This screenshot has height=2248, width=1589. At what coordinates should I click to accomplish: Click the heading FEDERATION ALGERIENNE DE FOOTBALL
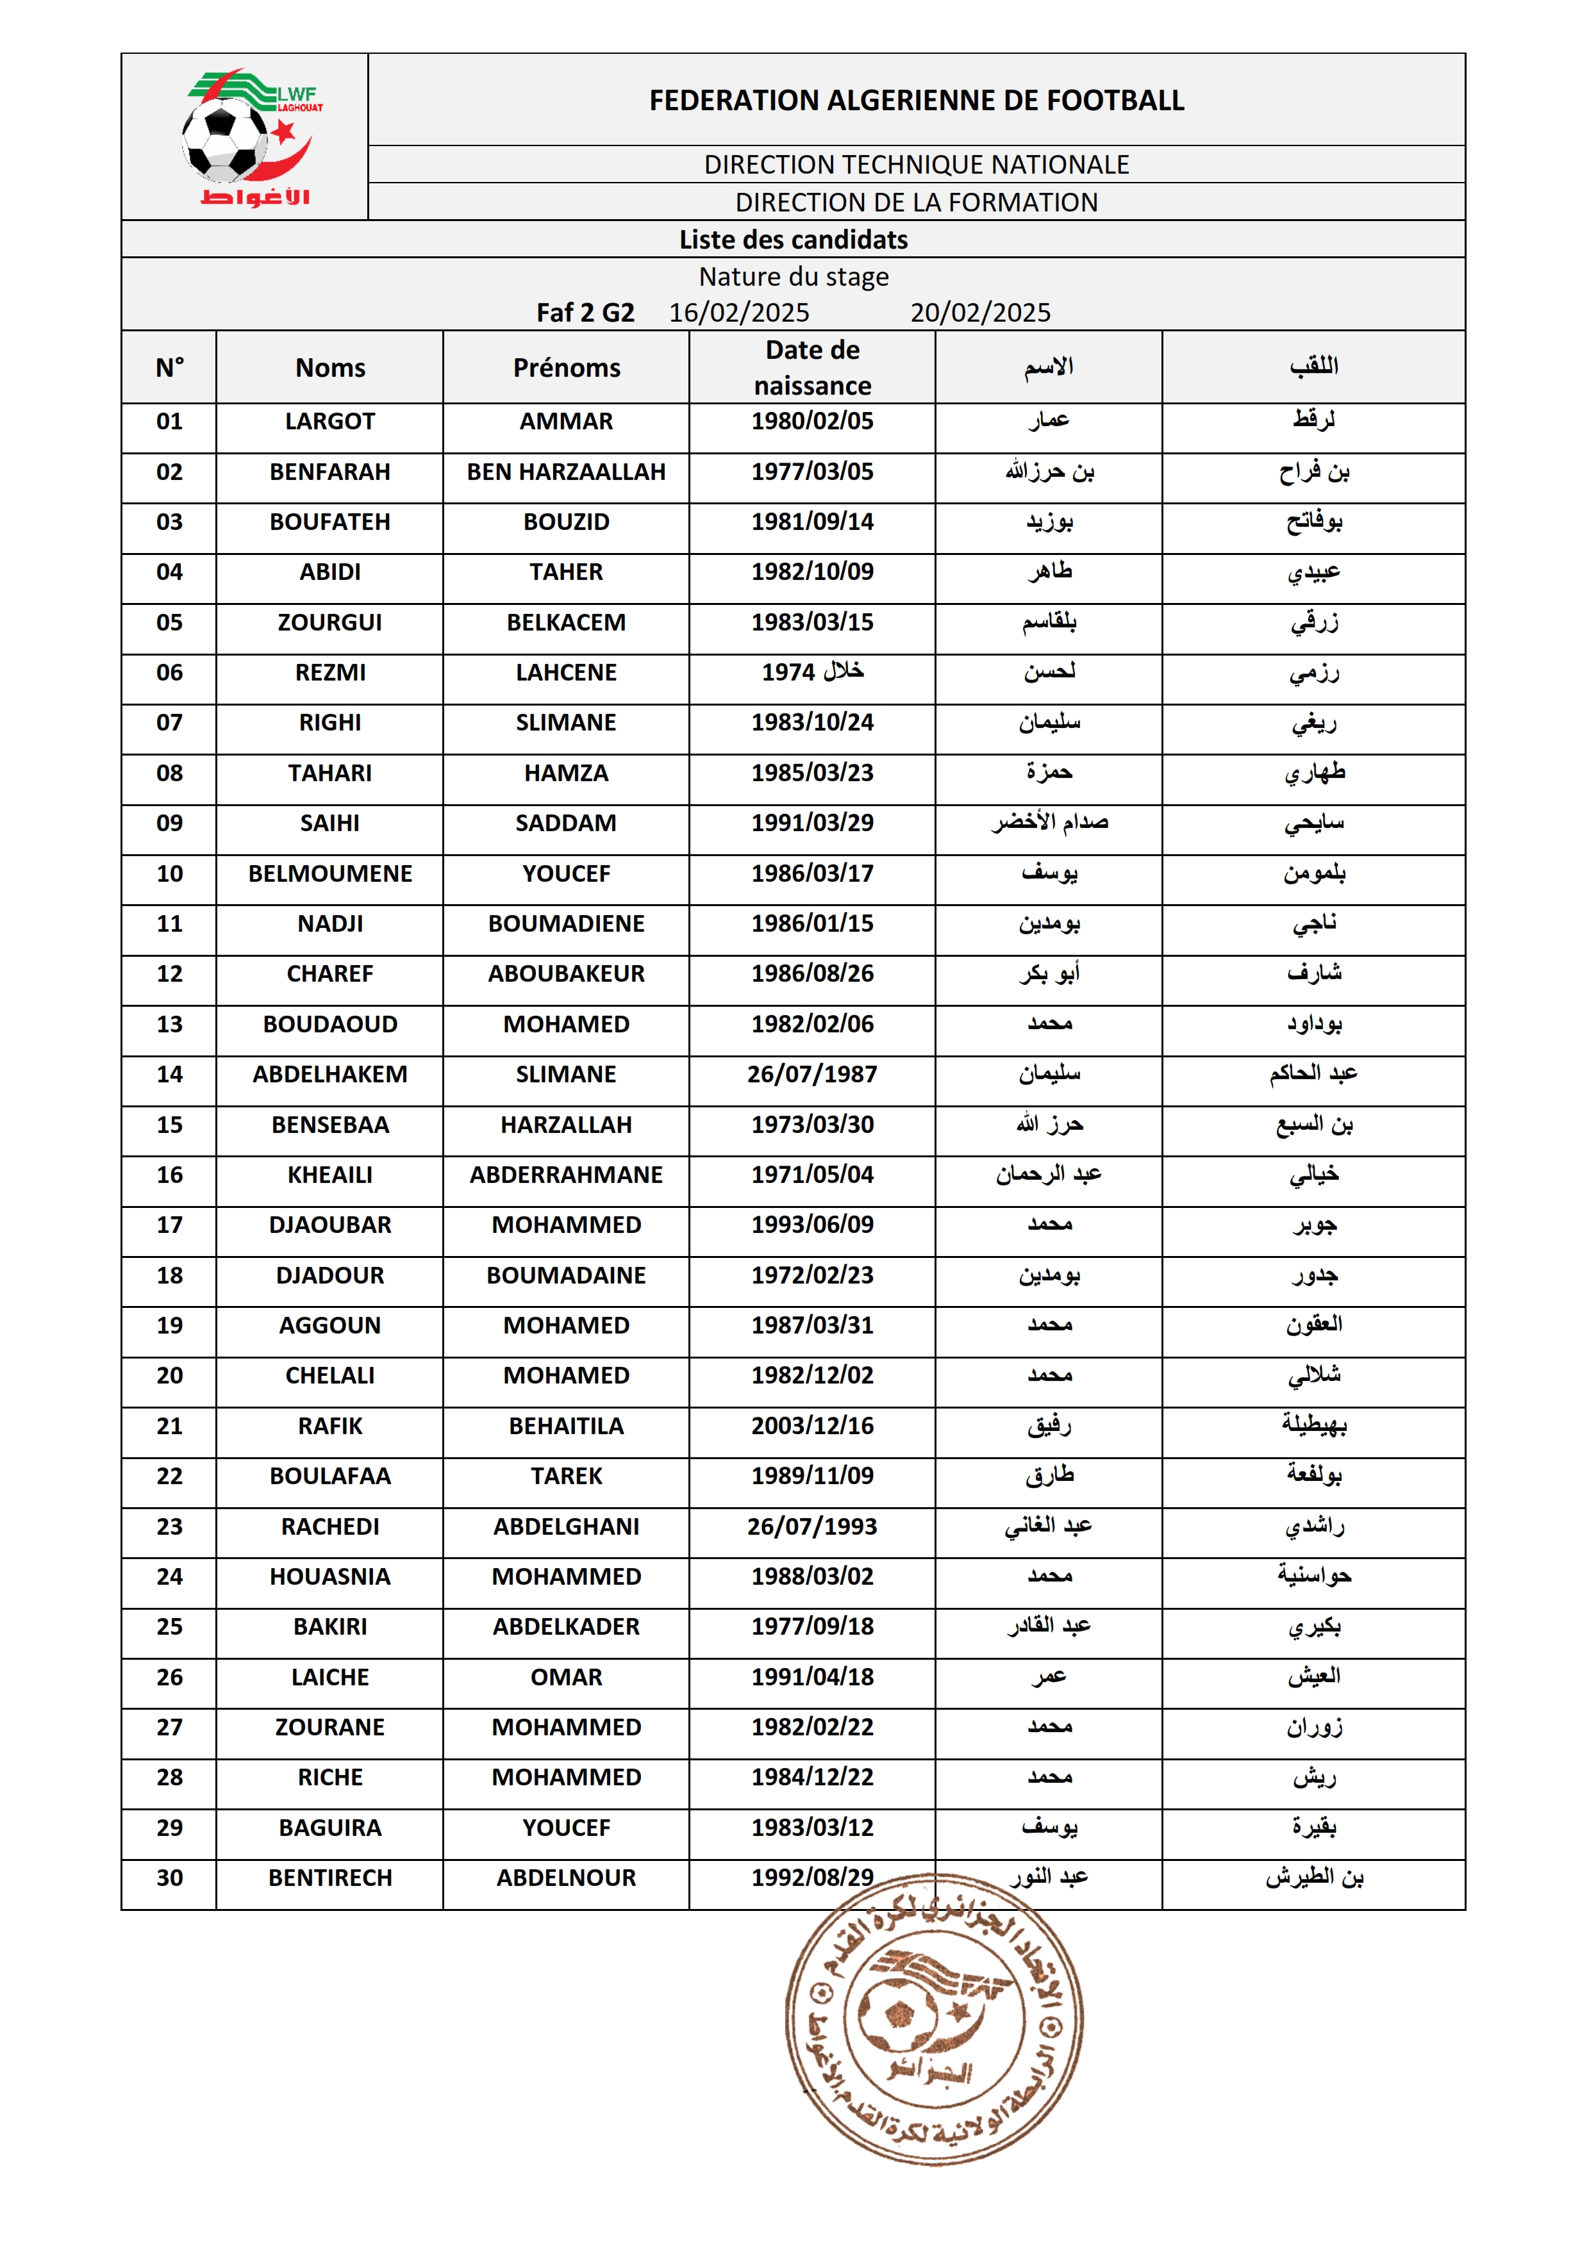pos(917,100)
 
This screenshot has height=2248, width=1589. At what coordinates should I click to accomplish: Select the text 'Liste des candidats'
pos(793,240)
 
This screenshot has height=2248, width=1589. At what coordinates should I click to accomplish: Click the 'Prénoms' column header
pos(566,368)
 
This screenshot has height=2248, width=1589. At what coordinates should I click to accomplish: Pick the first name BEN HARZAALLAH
pos(566,472)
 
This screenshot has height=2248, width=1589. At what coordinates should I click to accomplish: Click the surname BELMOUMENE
pos(330,873)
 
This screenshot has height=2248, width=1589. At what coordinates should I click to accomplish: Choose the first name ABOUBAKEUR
pos(566,973)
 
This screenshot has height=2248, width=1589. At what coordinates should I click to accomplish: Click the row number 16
pos(169,1175)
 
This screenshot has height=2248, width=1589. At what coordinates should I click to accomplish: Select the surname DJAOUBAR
pos(330,1225)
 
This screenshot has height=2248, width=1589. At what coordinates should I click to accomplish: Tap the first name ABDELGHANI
pos(566,1526)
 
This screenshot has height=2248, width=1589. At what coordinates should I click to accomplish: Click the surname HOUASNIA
pos(330,1576)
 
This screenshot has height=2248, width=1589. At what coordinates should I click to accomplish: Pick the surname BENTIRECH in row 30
pos(330,1878)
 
